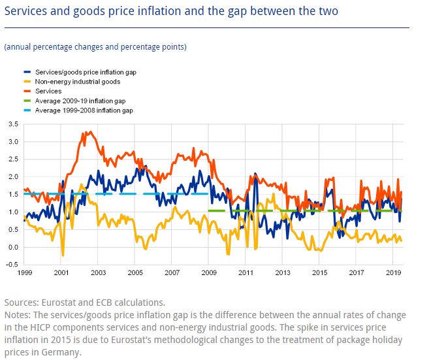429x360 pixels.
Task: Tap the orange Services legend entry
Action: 49,91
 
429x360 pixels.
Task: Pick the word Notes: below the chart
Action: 19,315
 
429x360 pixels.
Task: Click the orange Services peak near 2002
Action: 87,132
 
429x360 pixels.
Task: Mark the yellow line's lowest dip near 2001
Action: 63,255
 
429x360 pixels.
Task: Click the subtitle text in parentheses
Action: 95,47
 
